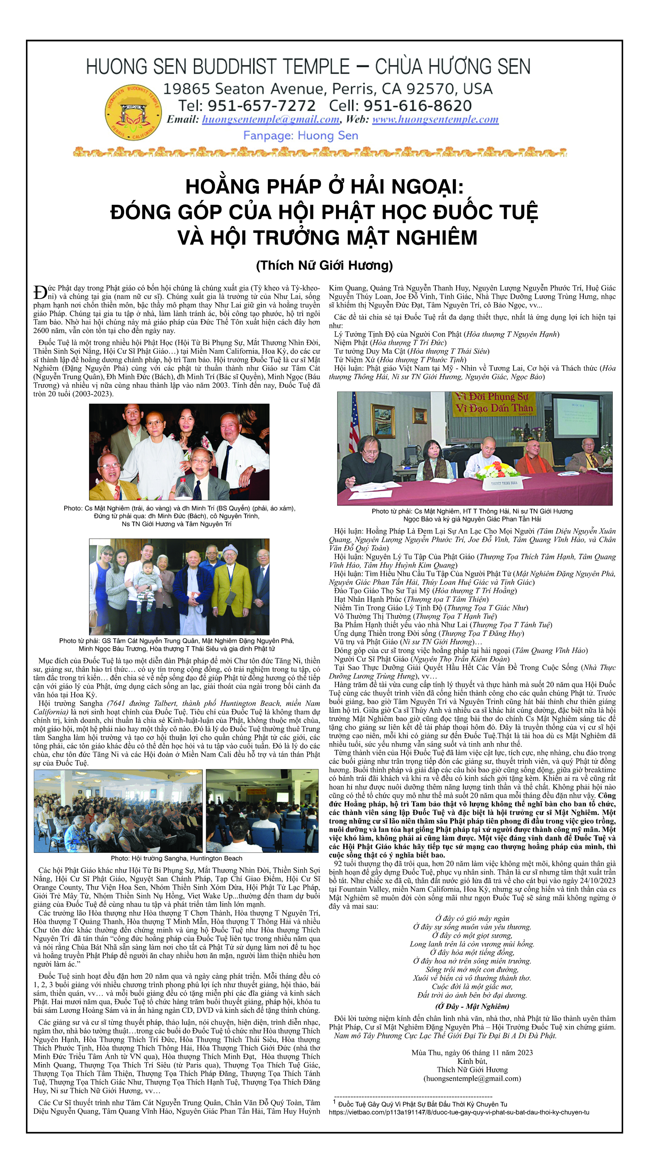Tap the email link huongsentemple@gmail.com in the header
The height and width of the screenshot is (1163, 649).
[x=270, y=120]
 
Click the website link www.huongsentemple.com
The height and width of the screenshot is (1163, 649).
[x=435, y=120]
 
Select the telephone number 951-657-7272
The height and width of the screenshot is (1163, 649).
[x=261, y=106]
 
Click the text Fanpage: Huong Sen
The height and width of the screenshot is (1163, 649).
[x=301, y=135]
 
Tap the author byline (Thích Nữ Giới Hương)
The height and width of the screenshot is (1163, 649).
[x=324, y=265]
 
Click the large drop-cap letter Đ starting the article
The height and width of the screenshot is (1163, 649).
[x=40, y=292]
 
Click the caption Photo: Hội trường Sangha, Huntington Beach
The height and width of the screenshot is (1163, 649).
[x=177, y=858]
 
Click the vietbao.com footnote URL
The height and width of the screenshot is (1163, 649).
[x=458, y=1112]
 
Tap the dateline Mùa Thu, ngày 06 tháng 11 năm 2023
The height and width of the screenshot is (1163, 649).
[x=472, y=1052]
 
